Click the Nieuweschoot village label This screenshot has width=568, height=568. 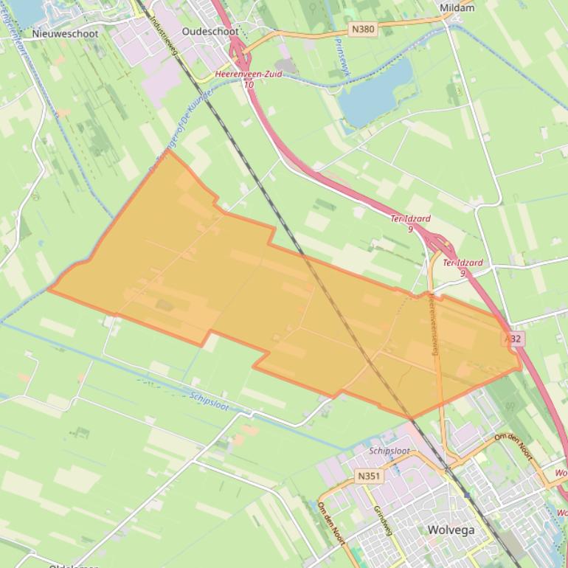(x=66, y=33)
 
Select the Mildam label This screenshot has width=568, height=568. (x=457, y=8)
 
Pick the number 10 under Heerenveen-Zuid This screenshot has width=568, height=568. (x=249, y=85)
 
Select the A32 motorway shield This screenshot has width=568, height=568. (x=513, y=339)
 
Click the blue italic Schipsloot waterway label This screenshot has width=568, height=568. (x=209, y=401)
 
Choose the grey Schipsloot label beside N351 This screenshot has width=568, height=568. (x=389, y=451)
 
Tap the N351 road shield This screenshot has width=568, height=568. (x=368, y=477)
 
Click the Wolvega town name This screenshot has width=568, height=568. (x=451, y=530)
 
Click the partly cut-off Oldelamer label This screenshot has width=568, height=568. (x=75, y=565)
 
